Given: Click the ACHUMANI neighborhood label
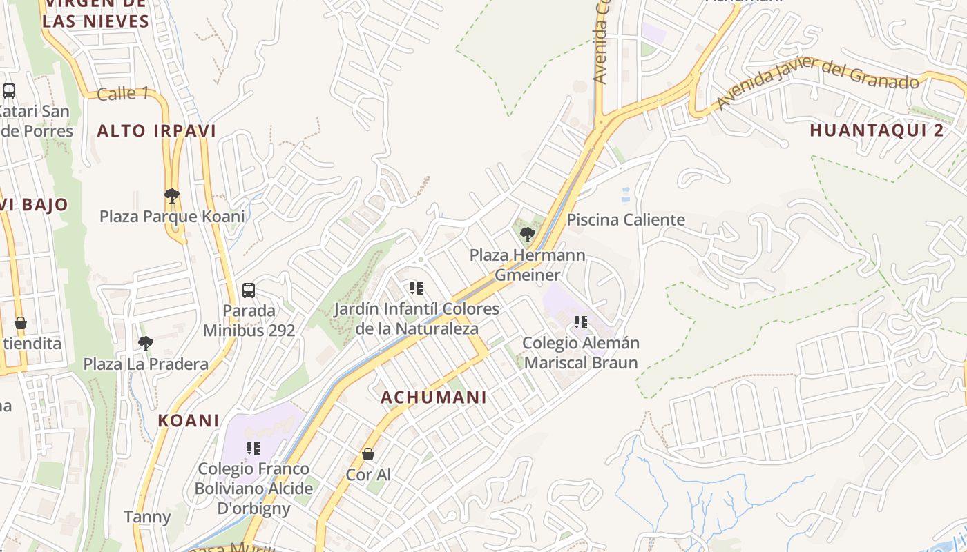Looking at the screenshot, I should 434,397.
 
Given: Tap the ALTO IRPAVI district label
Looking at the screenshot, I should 157,131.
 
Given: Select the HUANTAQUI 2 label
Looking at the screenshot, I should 877,130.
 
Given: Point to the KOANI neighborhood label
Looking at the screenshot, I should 189,420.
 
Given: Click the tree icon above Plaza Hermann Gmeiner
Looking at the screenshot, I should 527,235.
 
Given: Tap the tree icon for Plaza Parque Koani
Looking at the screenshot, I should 172,196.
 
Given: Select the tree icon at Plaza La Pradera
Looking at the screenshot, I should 146,343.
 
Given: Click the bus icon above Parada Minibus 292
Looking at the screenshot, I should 249,290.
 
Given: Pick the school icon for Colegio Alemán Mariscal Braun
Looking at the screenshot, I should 581,322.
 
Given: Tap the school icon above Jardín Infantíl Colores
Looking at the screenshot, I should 416,288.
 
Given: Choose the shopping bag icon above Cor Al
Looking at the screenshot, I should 368,454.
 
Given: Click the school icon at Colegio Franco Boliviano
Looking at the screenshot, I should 253,448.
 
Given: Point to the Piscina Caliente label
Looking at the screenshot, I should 626,220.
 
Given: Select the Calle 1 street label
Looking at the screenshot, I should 122,93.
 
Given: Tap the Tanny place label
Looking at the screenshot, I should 147,517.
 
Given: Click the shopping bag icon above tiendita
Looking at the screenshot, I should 21,323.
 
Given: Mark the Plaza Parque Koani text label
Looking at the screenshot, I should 172,217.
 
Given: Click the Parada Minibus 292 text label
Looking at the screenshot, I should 249,320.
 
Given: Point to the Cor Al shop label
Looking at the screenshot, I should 368,475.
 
